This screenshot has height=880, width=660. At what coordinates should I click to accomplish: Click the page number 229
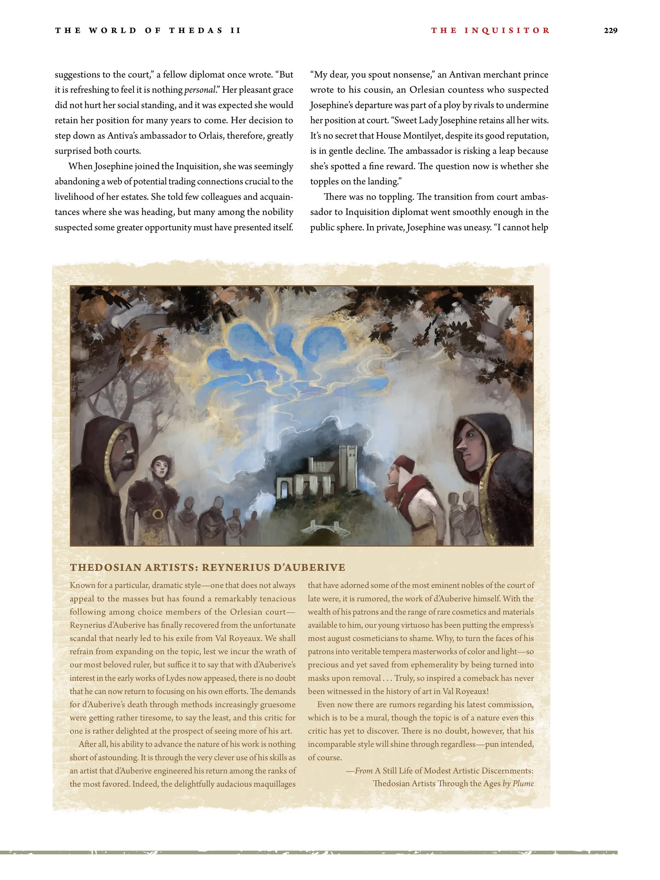[x=610, y=31]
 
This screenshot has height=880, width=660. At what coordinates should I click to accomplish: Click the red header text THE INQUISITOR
[x=491, y=31]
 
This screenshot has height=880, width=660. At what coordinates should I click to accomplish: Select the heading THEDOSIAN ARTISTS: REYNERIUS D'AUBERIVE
[x=207, y=567]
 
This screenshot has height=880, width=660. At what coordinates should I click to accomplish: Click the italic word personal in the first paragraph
[x=199, y=90]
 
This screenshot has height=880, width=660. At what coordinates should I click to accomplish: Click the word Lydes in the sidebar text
[x=175, y=678]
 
